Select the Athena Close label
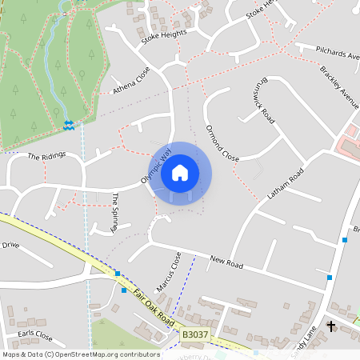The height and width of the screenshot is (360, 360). tap(131, 79)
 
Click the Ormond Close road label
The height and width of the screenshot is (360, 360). tap(222, 142)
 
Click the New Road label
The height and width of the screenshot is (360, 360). tap(226, 262)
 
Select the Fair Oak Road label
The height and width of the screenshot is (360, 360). tap(154, 306)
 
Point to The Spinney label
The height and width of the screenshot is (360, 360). tap(116, 212)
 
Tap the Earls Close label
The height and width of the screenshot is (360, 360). tap(34, 336)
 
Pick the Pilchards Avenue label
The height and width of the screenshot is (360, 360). tap(337, 53)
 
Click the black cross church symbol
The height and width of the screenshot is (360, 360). tap(332, 326)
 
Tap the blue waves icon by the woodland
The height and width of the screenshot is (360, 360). tap(68, 123)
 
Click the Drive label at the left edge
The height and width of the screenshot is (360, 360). tap(10, 245)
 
